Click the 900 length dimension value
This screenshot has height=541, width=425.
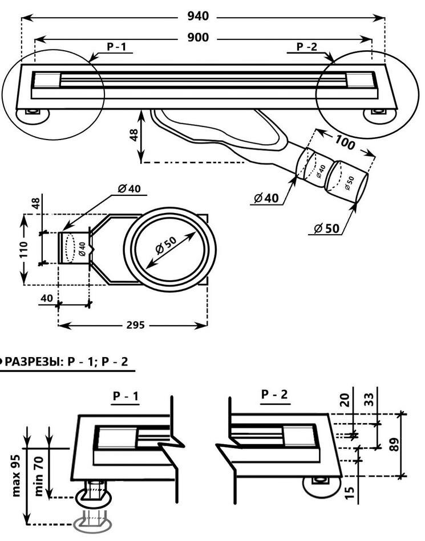(x=197, y=38)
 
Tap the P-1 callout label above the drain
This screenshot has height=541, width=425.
(x=116, y=47)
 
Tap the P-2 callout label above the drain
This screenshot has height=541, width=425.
(x=306, y=47)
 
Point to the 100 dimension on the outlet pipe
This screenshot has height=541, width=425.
(x=345, y=143)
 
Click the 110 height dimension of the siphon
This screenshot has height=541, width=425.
(x=24, y=249)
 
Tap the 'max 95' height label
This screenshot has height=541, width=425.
(x=17, y=476)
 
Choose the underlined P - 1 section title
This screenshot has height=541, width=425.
(x=126, y=396)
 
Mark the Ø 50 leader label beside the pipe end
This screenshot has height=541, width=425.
(x=327, y=229)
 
